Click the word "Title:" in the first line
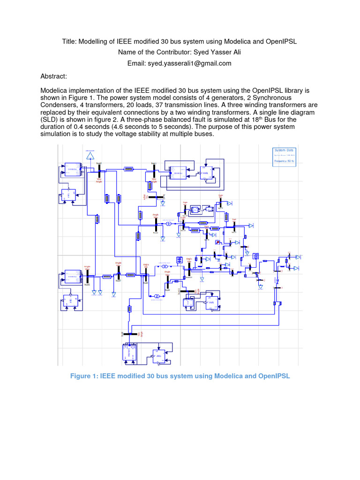click(71, 41)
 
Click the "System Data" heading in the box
click(284, 150)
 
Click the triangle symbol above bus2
click(90, 155)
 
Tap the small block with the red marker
click(218, 242)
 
